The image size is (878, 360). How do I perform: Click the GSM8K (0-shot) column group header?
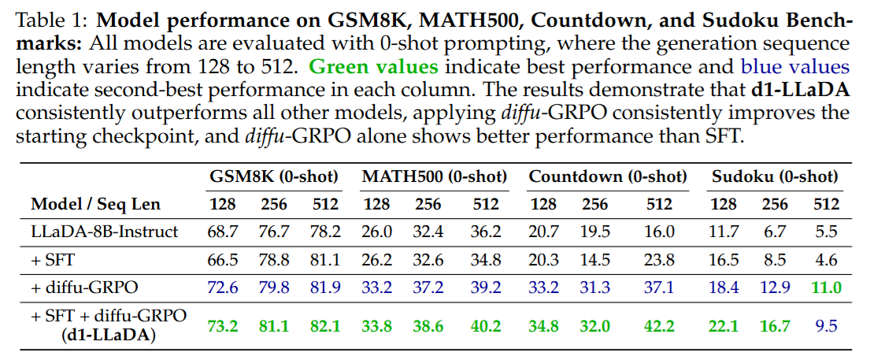click(273, 176)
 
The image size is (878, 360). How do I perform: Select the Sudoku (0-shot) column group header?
click(775, 176)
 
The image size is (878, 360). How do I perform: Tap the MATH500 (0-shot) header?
click(434, 176)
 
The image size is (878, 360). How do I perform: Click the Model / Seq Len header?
click(95, 205)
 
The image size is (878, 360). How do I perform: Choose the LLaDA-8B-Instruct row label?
click(105, 232)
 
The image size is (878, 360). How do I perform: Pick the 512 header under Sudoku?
click(826, 205)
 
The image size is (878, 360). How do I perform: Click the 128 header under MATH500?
click(377, 205)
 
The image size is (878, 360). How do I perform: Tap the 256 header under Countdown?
click(595, 205)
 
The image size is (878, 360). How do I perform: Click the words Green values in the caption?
click(373, 66)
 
